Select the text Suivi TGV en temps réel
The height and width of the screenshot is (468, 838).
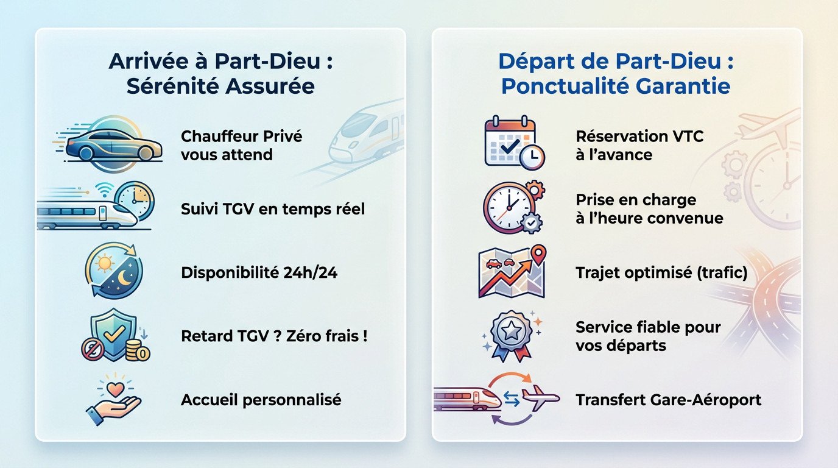273,210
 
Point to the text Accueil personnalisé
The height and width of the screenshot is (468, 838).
261,400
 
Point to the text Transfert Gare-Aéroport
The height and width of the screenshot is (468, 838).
668,400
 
